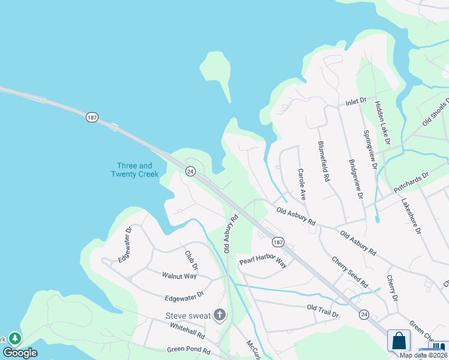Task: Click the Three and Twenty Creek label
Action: pos(134,170)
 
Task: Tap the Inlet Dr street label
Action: pos(355,103)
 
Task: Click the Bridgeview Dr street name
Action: pos(356,179)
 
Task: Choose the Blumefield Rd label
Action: pos(324,161)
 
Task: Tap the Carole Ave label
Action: pos(303,184)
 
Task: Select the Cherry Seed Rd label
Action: pos(350,271)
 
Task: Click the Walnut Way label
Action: pos(179,276)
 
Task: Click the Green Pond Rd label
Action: pos(188,349)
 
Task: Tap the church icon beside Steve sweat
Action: pos(220,315)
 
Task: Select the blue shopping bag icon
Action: pos(399,341)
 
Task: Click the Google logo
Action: pos(20,353)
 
